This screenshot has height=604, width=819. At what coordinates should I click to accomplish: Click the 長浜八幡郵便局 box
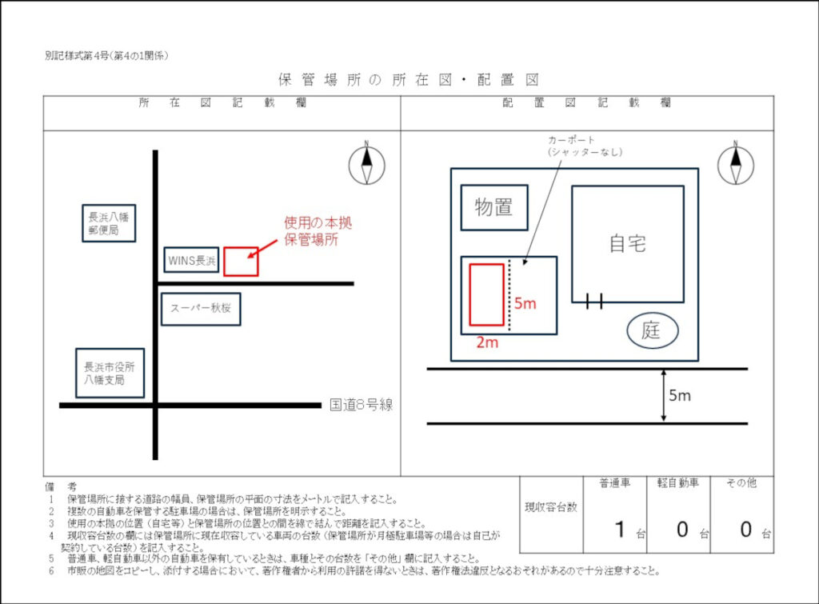click(109, 222)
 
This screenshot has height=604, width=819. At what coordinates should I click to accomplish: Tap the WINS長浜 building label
click(191, 260)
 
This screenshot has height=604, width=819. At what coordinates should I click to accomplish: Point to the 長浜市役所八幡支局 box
click(110, 373)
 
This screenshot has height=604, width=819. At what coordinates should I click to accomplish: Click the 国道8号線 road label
click(362, 405)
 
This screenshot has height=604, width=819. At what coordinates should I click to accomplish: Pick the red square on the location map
click(241, 262)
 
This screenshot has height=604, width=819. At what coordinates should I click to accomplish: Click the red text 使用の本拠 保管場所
click(318, 230)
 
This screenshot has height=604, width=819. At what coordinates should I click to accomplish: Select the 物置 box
click(493, 207)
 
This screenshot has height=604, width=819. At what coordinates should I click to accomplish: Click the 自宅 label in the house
click(627, 243)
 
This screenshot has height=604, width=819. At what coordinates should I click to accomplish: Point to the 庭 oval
click(652, 330)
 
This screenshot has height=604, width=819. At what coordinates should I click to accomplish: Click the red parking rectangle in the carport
click(486, 294)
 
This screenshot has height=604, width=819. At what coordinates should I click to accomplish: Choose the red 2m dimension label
click(487, 342)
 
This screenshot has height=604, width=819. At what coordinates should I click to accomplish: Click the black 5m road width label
click(680, 395)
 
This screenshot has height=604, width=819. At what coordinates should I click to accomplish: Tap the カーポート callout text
click(574, 146)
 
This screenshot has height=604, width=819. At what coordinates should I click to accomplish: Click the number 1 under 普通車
click(619, 529)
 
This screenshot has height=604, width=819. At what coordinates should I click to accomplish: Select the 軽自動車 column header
click(677, 483)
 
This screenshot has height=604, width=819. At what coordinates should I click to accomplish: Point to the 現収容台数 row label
click(551, 506)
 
